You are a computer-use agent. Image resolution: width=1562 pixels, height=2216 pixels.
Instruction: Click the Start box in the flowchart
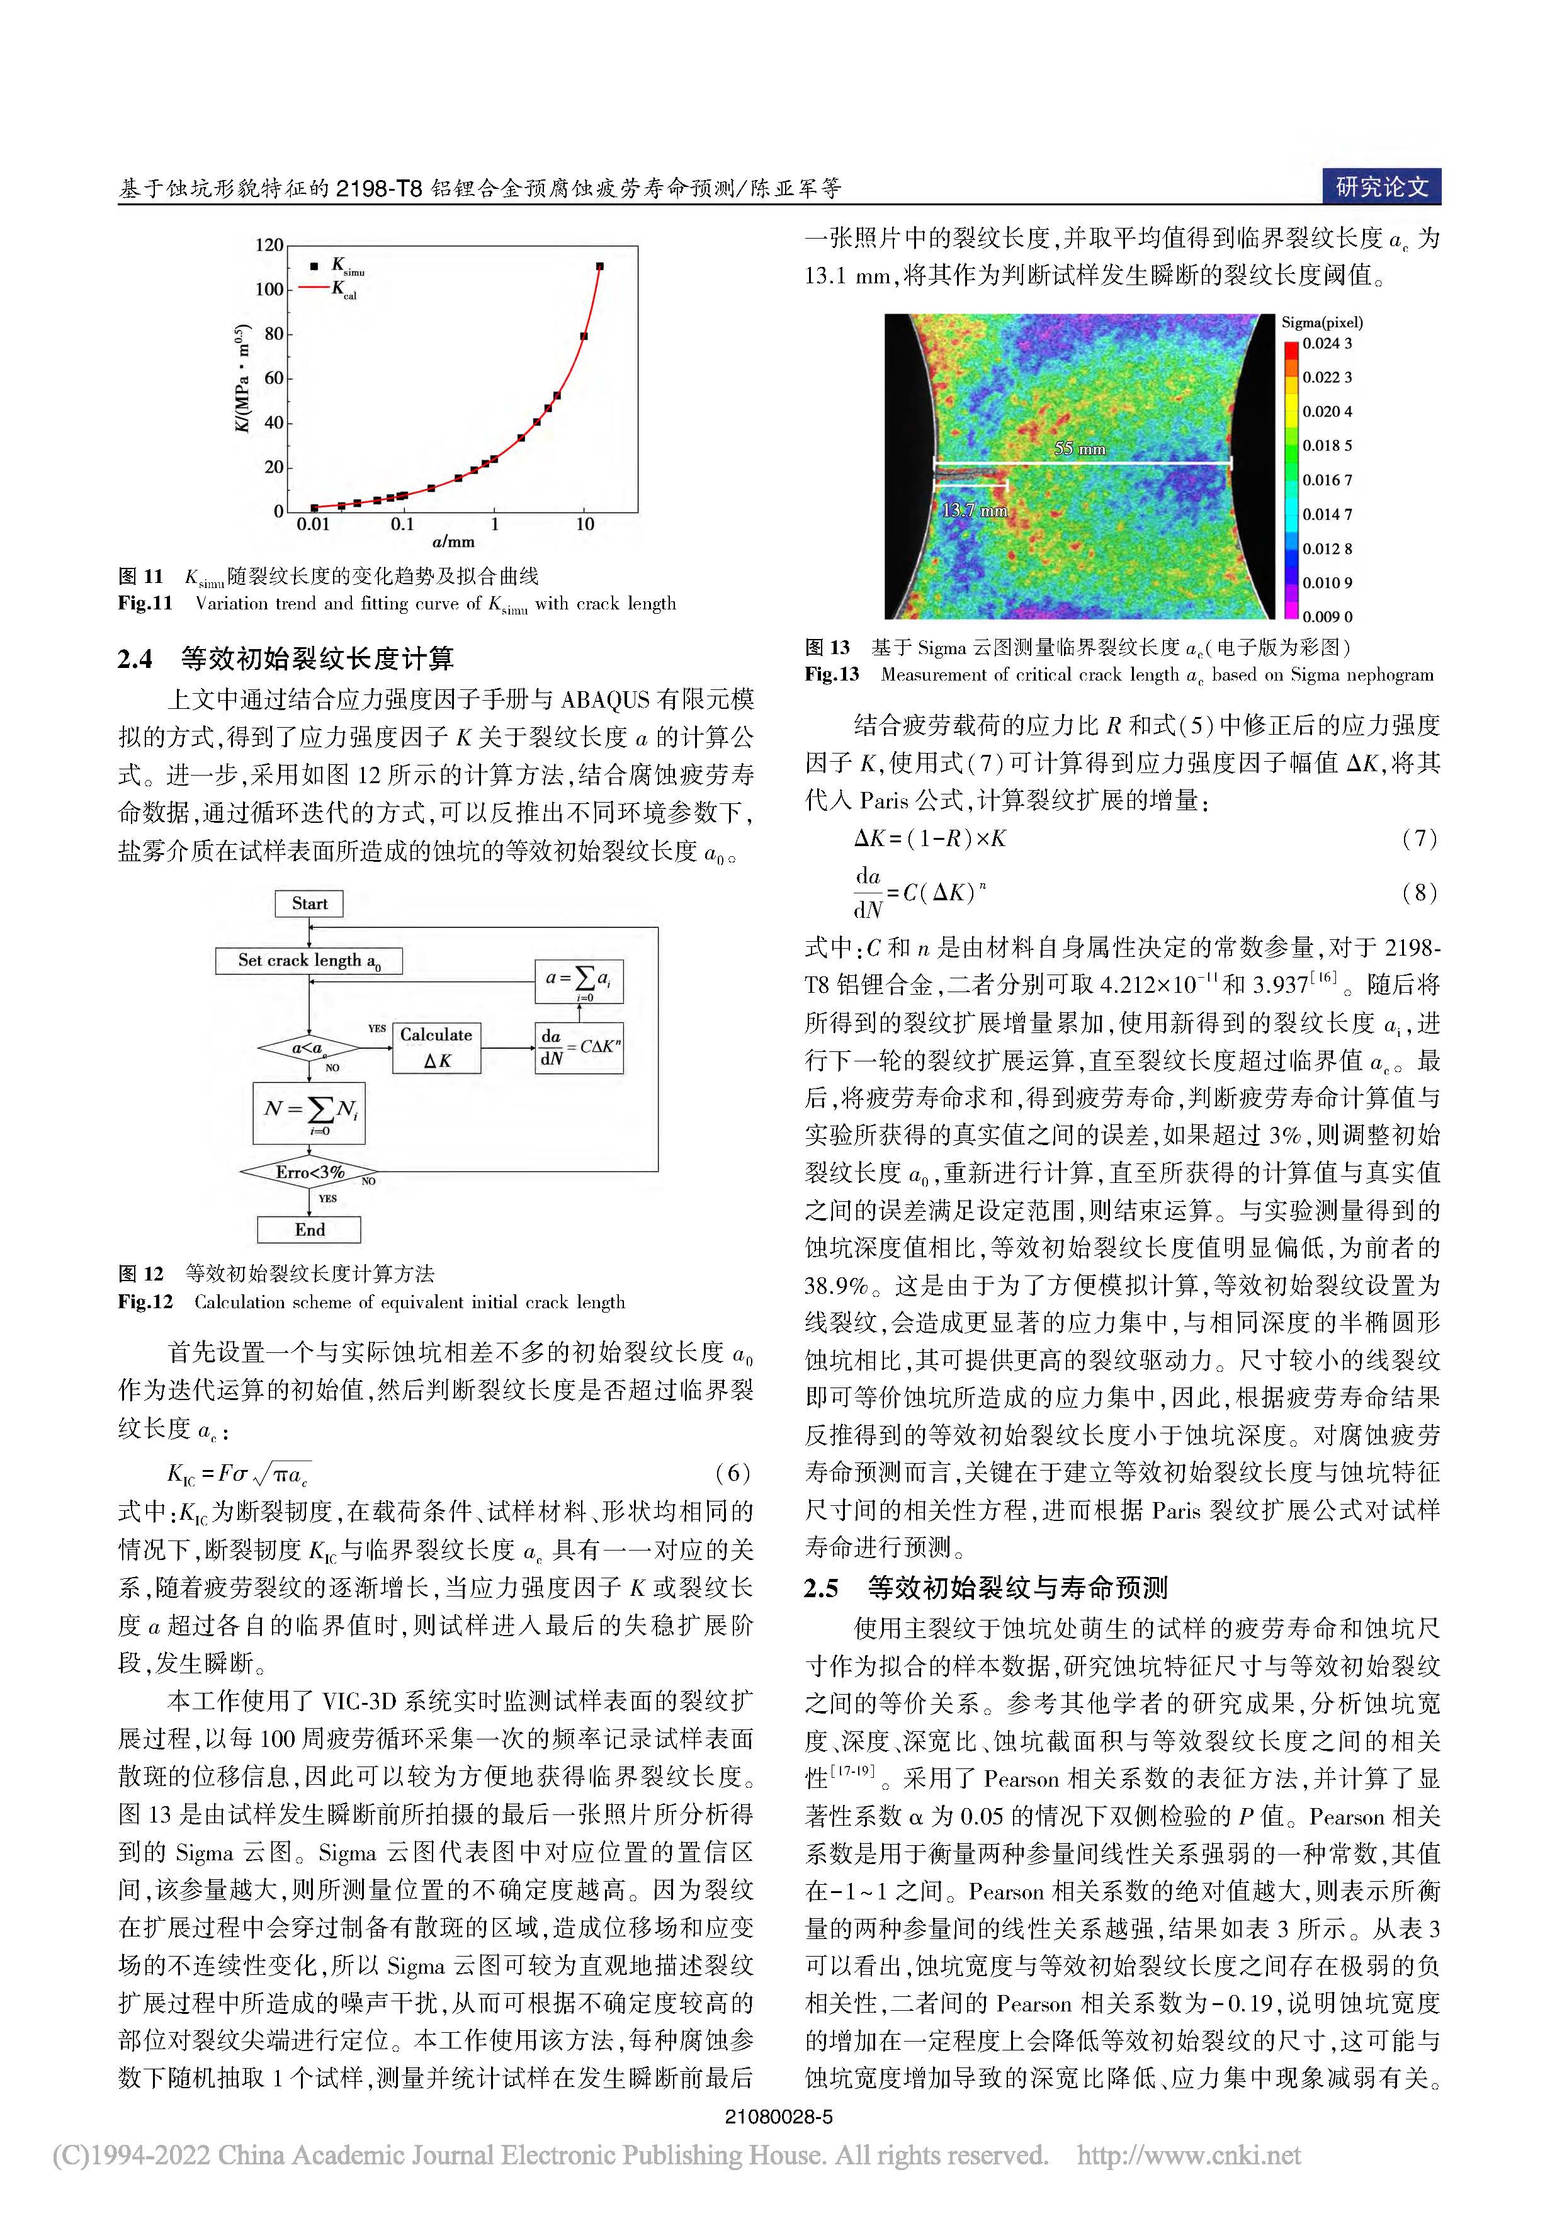309,903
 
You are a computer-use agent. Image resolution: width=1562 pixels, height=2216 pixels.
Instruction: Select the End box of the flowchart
309,1230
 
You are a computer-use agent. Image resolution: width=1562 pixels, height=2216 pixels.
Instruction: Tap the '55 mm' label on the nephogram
1079,449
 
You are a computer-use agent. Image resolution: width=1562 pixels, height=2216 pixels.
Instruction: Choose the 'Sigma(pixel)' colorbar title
1321,322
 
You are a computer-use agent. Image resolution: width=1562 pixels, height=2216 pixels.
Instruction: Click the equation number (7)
1418,838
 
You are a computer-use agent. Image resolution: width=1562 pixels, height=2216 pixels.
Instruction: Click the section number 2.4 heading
135,659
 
